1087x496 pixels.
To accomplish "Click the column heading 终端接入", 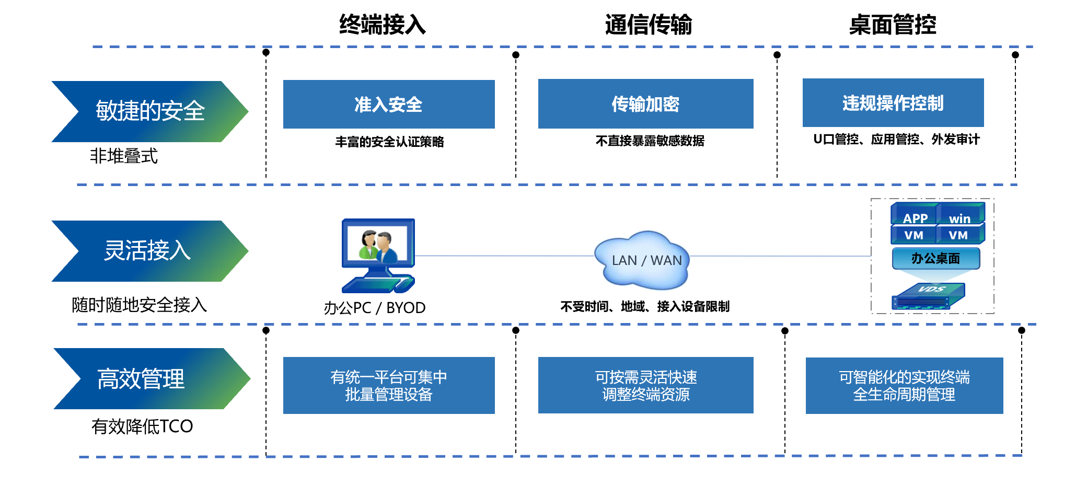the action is pos(383,25).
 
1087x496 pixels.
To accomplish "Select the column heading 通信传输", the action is pos(649,25).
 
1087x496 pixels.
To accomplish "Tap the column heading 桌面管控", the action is pos(893,25).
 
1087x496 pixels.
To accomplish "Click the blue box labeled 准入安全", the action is pos(389,104).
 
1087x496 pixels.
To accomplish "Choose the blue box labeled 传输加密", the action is pos(646,103).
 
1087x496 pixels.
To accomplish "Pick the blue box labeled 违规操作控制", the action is pos(893,102).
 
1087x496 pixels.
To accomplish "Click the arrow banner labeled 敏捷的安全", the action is pos(150,111).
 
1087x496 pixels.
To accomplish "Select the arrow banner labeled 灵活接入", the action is pos(150,251).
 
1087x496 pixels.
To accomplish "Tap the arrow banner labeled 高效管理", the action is pos(152,378).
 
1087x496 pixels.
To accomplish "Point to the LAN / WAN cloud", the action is pos(642,260).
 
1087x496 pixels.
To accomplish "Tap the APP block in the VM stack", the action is pos(915,214).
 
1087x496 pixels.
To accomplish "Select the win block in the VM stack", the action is pos(961,214).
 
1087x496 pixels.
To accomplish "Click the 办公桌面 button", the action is pos(936,258).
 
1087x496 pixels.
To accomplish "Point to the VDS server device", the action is pos(928,296).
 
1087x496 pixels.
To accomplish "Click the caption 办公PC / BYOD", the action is pos(375,307).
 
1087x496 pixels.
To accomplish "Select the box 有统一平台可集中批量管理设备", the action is pos(389,385).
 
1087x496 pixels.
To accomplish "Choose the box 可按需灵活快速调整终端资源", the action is pos(646,385).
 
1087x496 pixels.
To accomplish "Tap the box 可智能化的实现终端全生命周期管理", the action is pos(905,386).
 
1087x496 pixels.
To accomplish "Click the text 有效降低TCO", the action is pos(142,426).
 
